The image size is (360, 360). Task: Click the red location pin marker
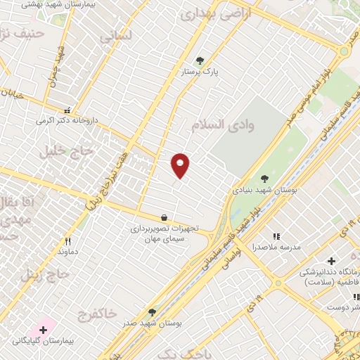pos(181,165)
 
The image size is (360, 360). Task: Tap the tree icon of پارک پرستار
pos(200,60)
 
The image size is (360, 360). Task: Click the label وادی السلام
pos(217,124)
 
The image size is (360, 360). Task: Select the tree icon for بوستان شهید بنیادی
pos(264,179)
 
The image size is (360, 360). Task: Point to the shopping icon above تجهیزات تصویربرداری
pos(164,218)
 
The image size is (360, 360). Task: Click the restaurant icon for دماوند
pos(67,240)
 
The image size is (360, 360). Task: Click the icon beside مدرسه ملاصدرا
pos(276,236)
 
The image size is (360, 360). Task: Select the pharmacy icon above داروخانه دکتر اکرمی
pos(67,110)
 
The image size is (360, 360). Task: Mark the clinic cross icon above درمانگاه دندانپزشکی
pos(331,261)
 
